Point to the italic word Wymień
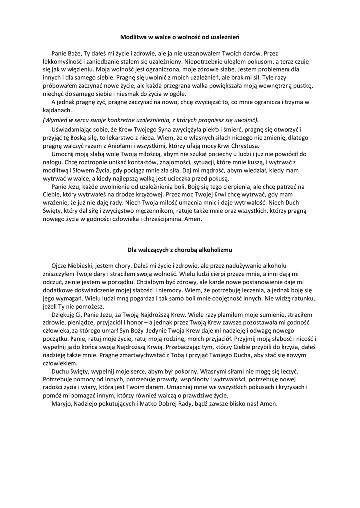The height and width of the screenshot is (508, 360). point(57,120)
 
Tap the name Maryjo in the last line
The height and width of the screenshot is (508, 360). point(62,404)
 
